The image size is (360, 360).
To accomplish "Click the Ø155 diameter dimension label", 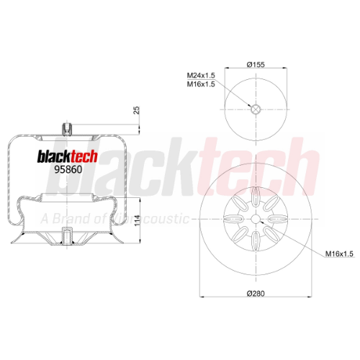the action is click(x=256, y=64).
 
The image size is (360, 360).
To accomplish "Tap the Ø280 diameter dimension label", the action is click(x=256, y=293).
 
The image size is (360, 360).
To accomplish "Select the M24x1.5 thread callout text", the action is click(x=201, y=76).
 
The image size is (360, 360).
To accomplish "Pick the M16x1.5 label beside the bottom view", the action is click(x=339, y=253).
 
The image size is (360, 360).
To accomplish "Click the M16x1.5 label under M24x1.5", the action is click(x=201, y=84).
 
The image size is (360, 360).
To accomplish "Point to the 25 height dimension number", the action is click(x=136, y=110).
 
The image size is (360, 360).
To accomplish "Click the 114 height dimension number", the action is click(x=137, y=220).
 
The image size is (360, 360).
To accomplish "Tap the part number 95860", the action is click(x=68, y=170).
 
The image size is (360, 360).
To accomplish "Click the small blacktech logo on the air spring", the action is click(x=68, y=157).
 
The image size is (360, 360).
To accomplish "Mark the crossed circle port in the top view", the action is click(x=256, y=109).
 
